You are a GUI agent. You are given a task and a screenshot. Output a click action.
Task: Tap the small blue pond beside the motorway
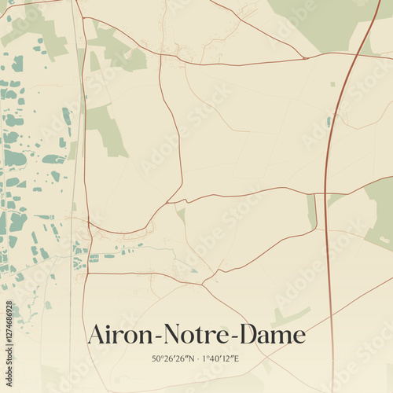coord(328,121)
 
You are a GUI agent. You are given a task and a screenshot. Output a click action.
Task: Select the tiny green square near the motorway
coord(332,83)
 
